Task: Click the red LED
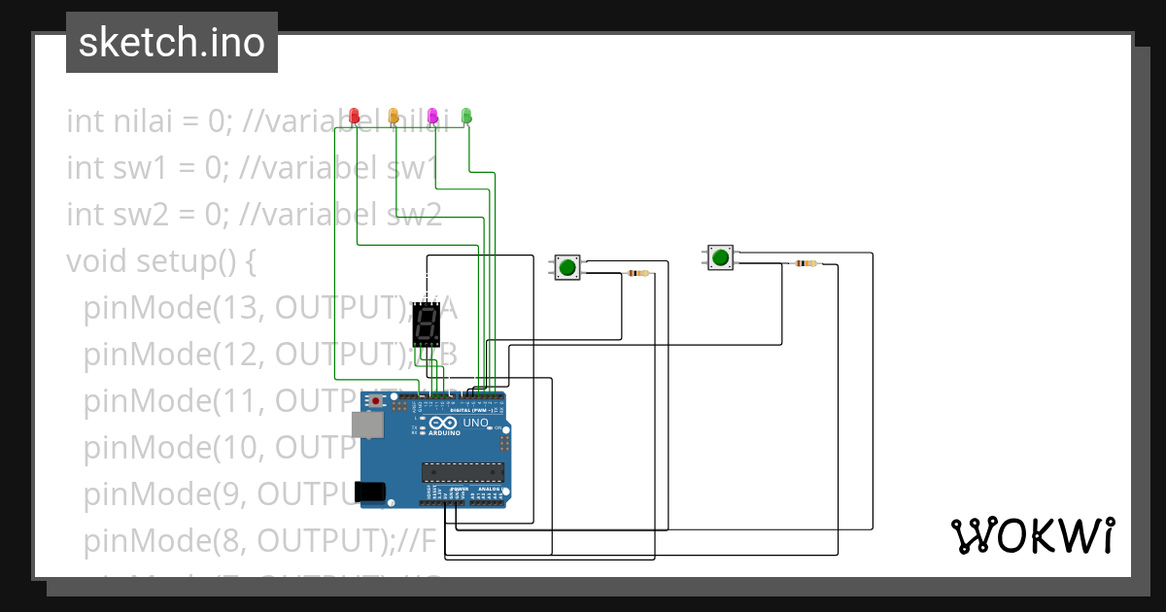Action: [x=355, y=117]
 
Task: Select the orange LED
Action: [x=394, y=117]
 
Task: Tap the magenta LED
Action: [x=432, y=117]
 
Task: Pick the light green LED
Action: [x=466, y=117]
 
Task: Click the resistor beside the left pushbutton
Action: [x=638, y=274]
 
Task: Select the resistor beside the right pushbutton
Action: [x=806, y=263]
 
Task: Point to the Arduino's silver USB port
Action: [x=367, y=425]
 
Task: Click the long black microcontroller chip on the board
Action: [x=463, y=473]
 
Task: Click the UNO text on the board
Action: [x=475, y=424]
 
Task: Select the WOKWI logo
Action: [x=1032, y=535]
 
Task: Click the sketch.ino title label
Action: [x=172, y=43]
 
